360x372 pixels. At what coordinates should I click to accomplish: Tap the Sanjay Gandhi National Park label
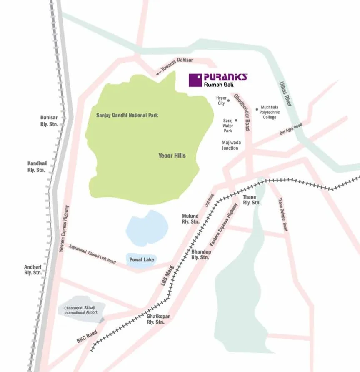(x=127, y=115)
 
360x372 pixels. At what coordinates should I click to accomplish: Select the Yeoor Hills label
(x=172, y=156)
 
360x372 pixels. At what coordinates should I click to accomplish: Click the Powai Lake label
(x=142, y=260)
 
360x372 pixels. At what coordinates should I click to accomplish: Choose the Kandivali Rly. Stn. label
(x=36, y=167)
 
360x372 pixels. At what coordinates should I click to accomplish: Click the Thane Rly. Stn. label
(x=252, y=199)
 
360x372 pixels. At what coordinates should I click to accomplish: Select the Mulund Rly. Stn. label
(x=190, y=219)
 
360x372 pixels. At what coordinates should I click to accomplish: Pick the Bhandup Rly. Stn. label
(x=200, y=255)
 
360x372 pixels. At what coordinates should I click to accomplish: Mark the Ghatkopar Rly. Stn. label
(x=155, y=319)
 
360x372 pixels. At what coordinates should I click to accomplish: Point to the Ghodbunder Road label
(x=241, y=111)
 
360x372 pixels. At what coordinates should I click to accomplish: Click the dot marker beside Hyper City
(x=228, y=101)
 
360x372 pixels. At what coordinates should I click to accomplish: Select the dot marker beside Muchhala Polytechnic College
(x=257, y=109)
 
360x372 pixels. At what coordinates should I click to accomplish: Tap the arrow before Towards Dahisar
(x=159, y=73)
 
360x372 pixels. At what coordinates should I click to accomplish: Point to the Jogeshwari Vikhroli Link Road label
(x=92, y=254)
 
